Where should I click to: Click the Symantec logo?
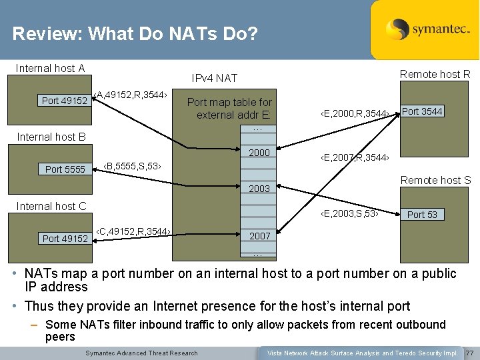(x=425, y=29)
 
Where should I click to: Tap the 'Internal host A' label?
(x=50, y=68)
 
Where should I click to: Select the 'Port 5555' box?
(x=65, y=169)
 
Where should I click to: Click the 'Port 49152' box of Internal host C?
(x=65, y=238)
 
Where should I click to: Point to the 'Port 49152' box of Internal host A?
(x=64, y=101)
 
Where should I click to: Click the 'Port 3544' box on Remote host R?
(x=422, y=111)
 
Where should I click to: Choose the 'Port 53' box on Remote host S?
(x=422, y=214)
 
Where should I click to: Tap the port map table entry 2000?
(x=259, y=153)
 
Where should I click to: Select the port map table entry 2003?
(x=259, y=189)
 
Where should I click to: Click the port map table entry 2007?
(x=259, y=236)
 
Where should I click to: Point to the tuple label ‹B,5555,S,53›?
(x=133, y=165)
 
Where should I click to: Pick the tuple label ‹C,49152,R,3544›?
(x=133, y=231)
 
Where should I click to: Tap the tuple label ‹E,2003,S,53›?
(x=349, y=213)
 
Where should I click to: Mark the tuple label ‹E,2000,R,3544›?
(x=354, y=114)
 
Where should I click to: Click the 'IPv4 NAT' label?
(x=214, y=78)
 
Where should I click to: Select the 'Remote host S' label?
(x=435, y=180)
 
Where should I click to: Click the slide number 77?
(x=470, y=353)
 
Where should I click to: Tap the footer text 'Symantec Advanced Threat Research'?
(x=142, y=353)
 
